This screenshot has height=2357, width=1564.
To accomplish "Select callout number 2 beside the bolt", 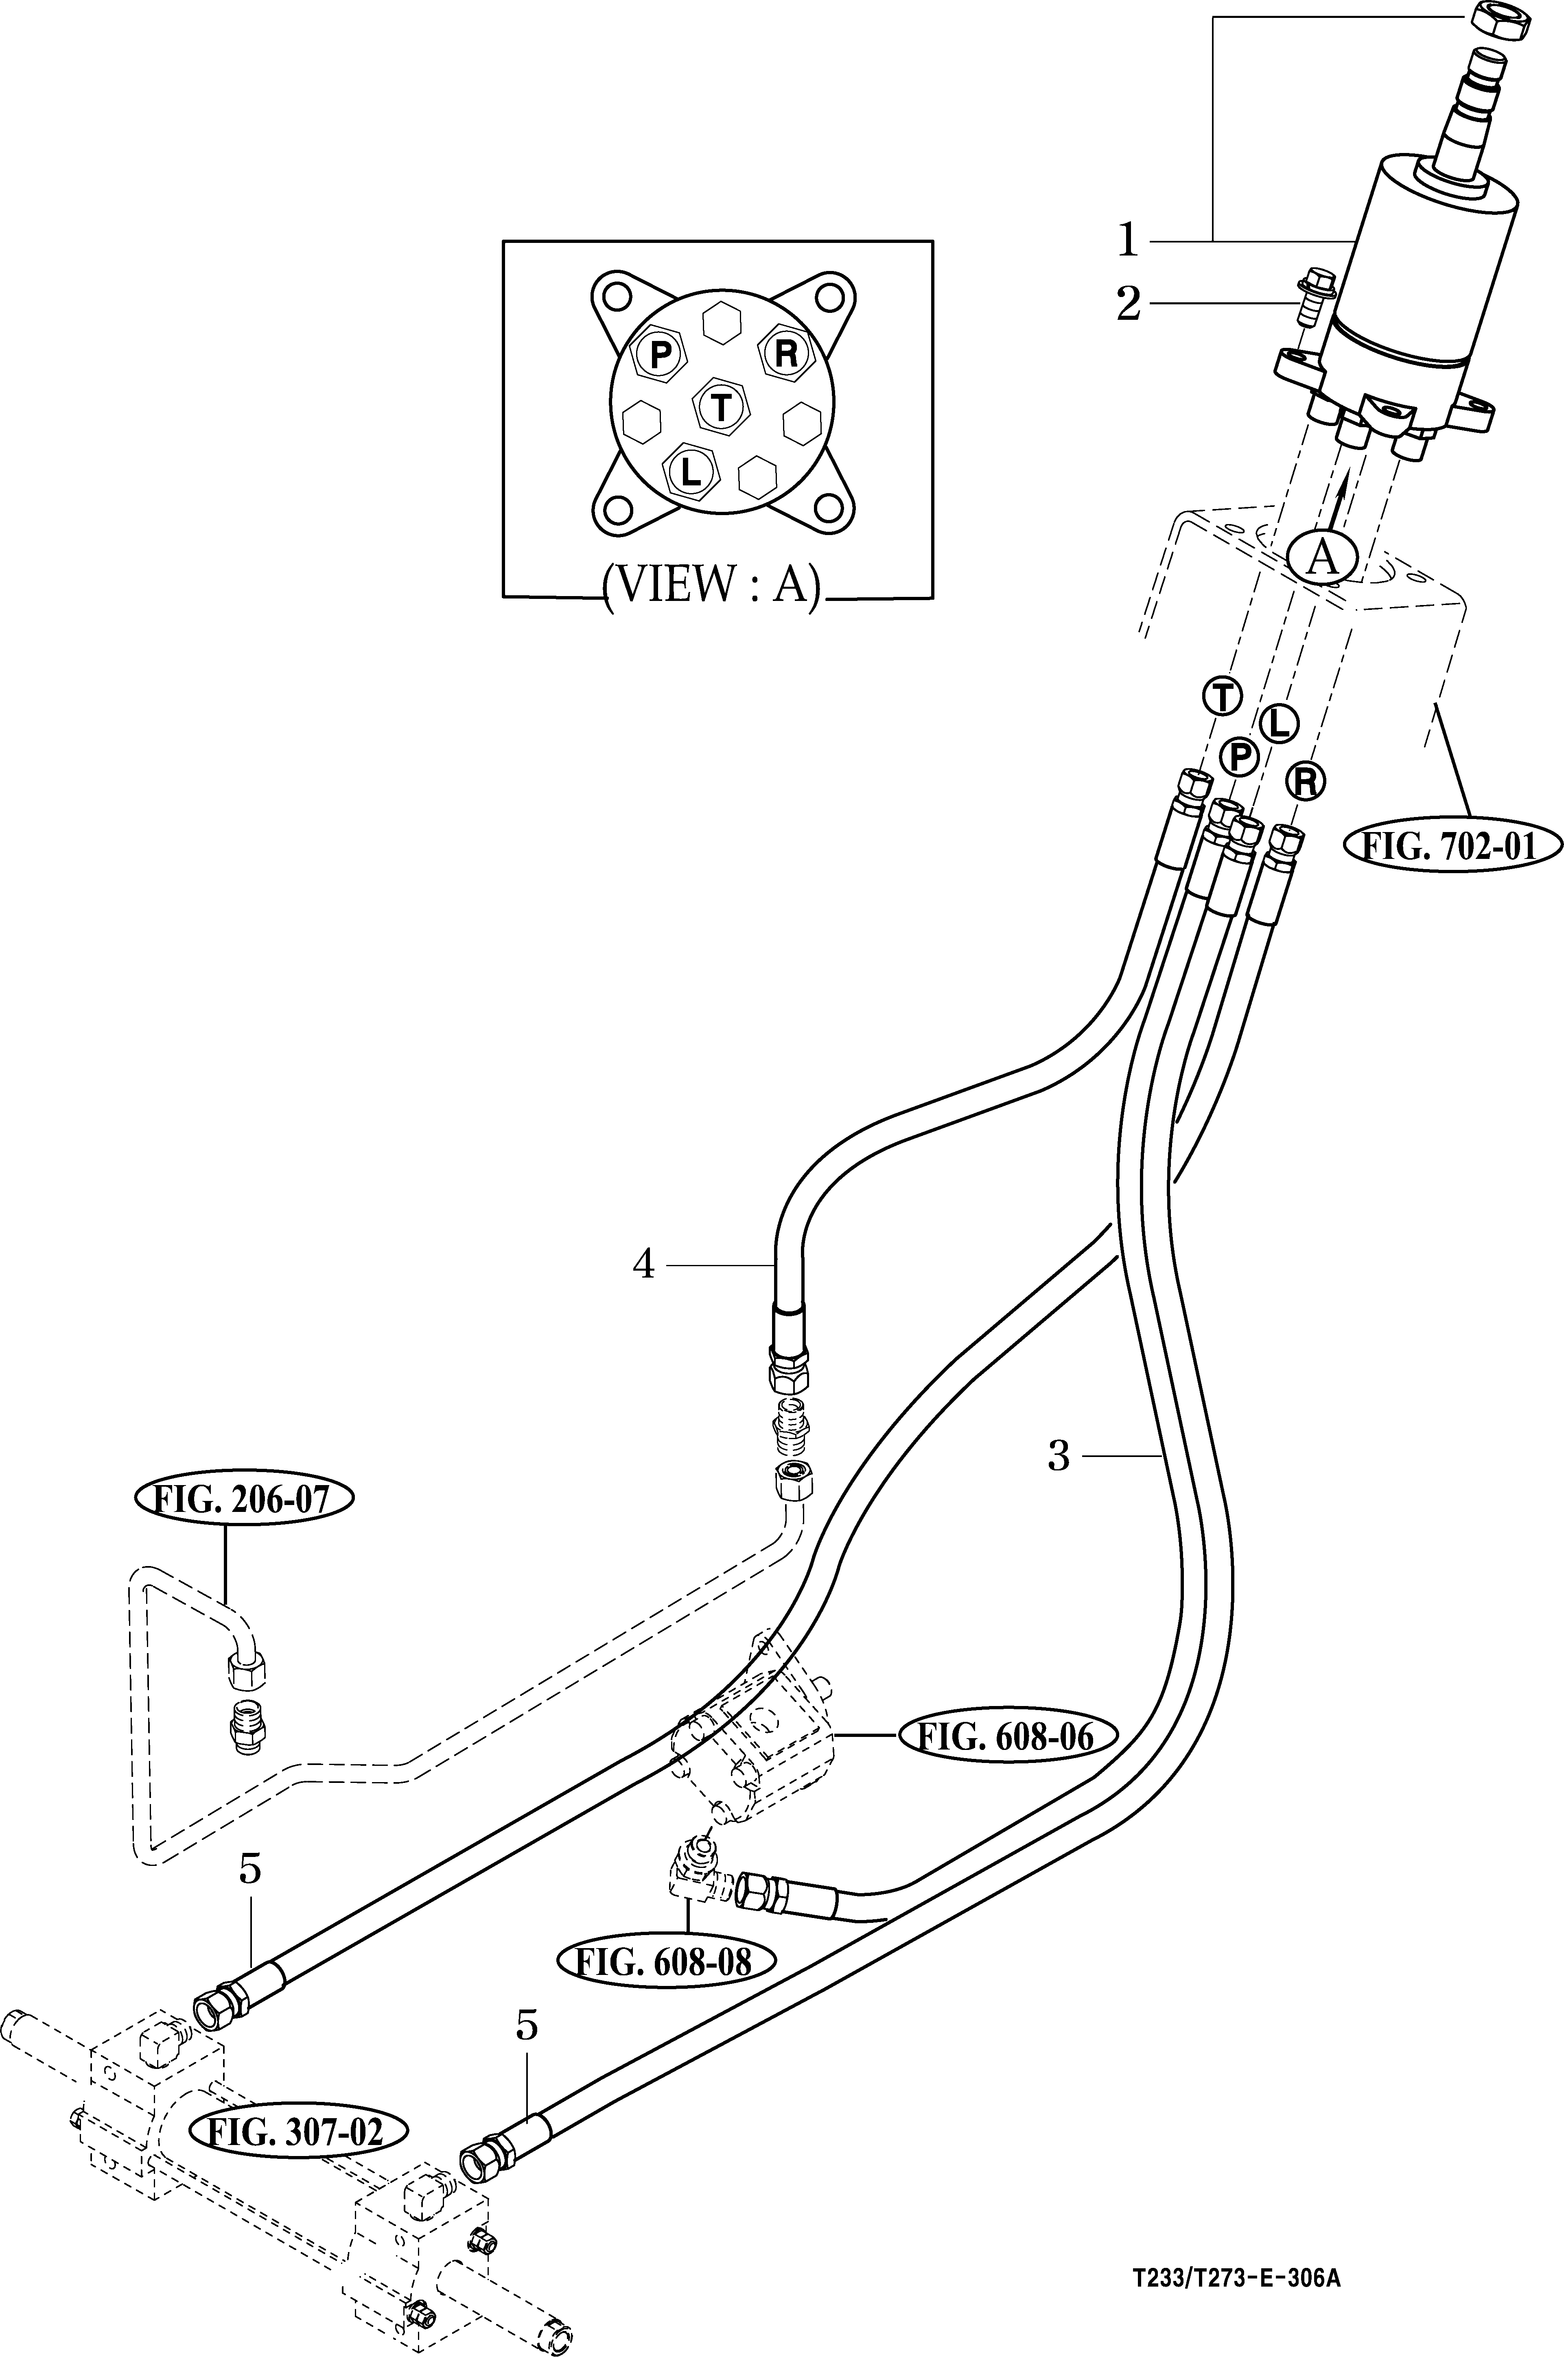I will pyautogui.click(x=1128, y=304).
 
